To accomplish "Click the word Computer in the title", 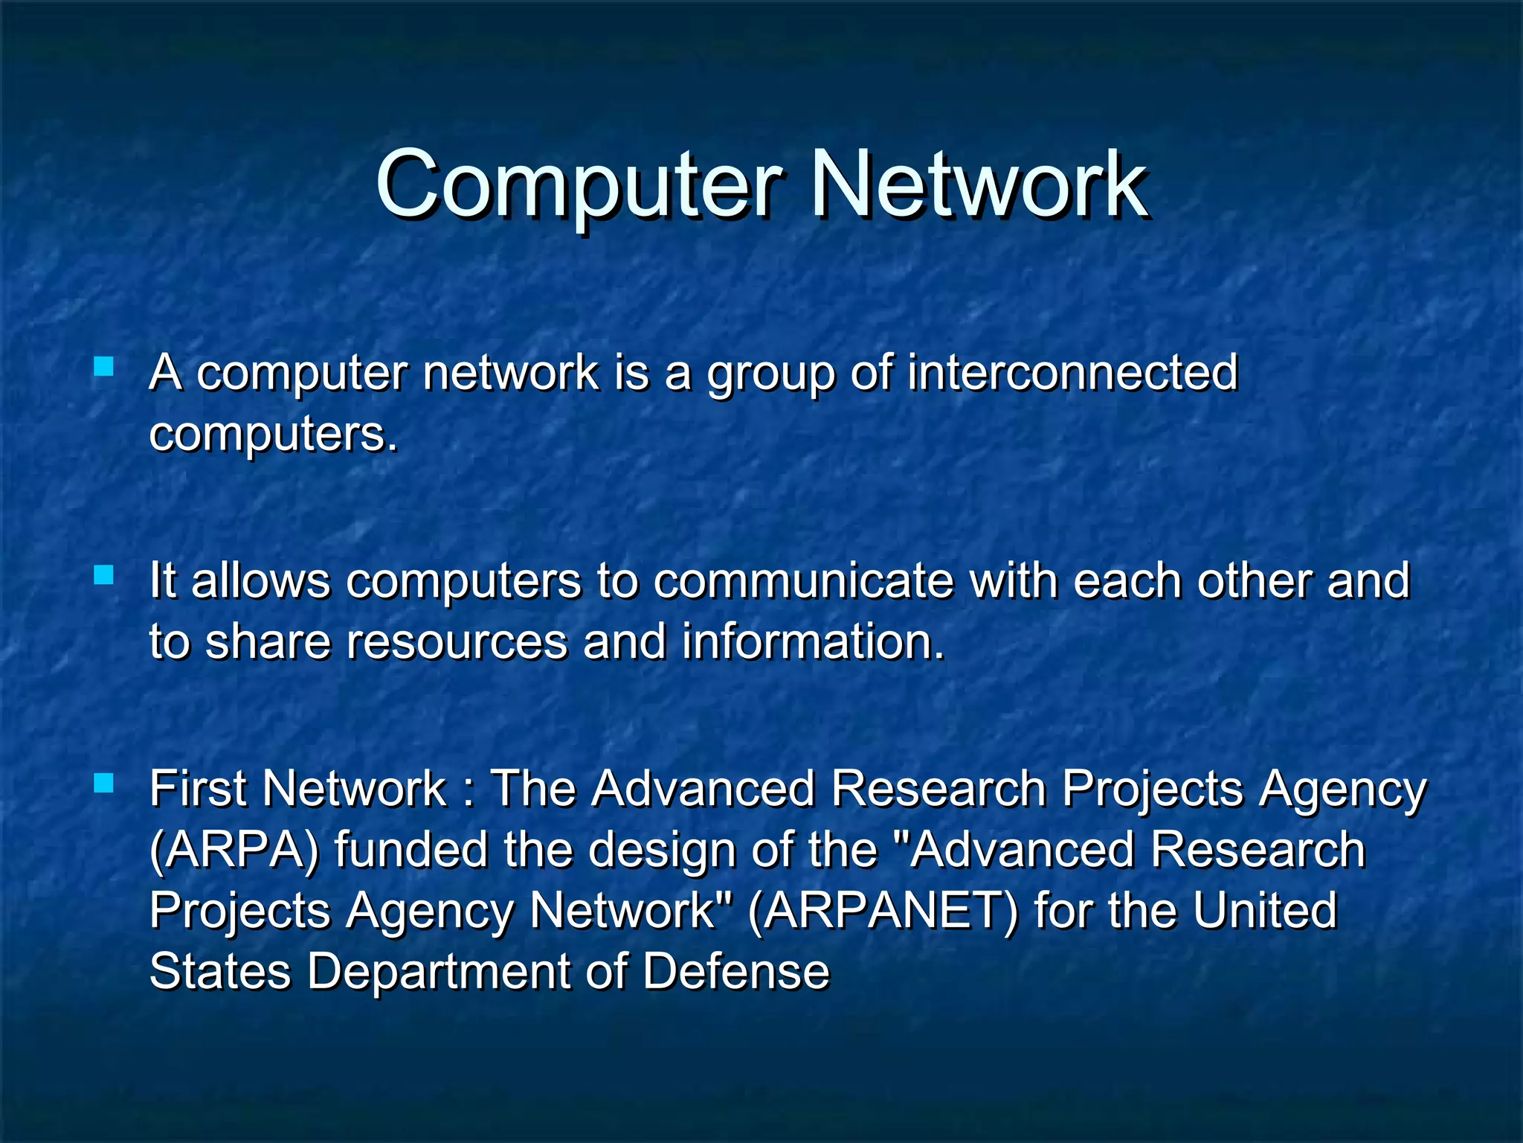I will pos(579,184).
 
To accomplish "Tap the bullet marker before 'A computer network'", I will pos(104,366).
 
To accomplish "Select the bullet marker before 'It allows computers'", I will pos(104,574).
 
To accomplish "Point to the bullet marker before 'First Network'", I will pos(104,783).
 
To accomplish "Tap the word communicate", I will pos(803,580).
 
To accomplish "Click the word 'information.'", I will pos(814,641).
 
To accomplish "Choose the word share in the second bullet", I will pos(268,641).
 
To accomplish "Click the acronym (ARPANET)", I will pos(882,911).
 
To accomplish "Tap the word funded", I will pos(410,850).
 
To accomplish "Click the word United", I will pos(1265,911).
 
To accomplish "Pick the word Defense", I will pos(735,972).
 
